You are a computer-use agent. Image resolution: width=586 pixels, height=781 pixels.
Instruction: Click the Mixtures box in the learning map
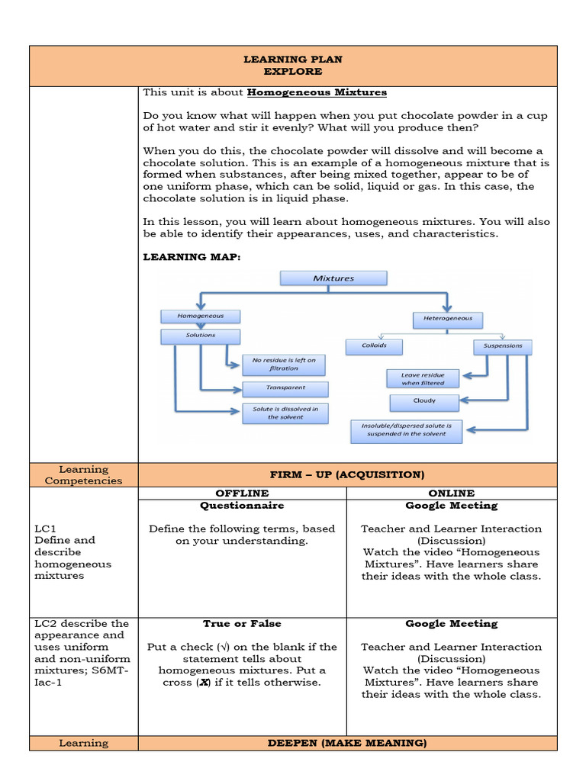click(333, 278)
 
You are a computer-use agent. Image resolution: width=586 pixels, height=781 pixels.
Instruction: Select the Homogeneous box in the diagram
click(201, 315)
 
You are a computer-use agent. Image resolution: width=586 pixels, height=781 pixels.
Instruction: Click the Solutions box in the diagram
click(201, 336)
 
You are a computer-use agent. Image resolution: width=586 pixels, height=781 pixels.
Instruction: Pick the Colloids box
click(375, 346)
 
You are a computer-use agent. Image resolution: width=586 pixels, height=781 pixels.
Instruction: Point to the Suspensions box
click(503, 346)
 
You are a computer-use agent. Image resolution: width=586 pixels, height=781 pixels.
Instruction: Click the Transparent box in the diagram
click(285, 388)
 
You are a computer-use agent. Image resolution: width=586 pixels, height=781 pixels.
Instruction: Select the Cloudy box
click(424, 400)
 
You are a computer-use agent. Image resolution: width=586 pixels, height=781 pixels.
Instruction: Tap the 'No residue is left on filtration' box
click(284, 364)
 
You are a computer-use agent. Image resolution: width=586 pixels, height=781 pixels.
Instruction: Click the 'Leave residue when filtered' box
click(423, 378)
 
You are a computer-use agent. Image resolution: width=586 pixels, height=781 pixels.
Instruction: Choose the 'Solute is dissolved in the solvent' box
click(285, 413)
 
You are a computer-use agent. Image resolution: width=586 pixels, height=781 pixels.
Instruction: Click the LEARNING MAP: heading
click(192, 257)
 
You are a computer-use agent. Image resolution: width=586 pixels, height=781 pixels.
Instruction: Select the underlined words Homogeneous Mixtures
click(317, 92)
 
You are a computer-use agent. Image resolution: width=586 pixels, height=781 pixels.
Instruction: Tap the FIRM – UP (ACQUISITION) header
click(346, 474)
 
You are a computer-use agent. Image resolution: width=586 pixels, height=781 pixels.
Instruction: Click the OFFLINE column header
click(242, 493)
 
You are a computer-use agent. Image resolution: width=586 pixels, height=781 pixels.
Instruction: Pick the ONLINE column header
click(452, 493)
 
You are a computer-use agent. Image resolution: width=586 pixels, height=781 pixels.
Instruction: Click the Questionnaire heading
click(242, 506)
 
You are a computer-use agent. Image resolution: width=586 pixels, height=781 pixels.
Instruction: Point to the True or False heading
click(242, 624)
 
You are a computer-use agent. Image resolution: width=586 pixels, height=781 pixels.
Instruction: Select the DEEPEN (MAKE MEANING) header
click(346, 743)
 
